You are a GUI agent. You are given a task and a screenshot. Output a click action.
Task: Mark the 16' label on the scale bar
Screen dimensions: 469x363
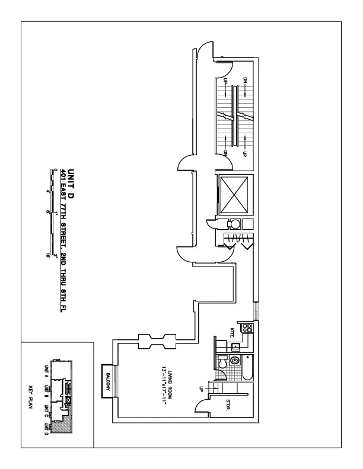(x=47, y=256)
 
